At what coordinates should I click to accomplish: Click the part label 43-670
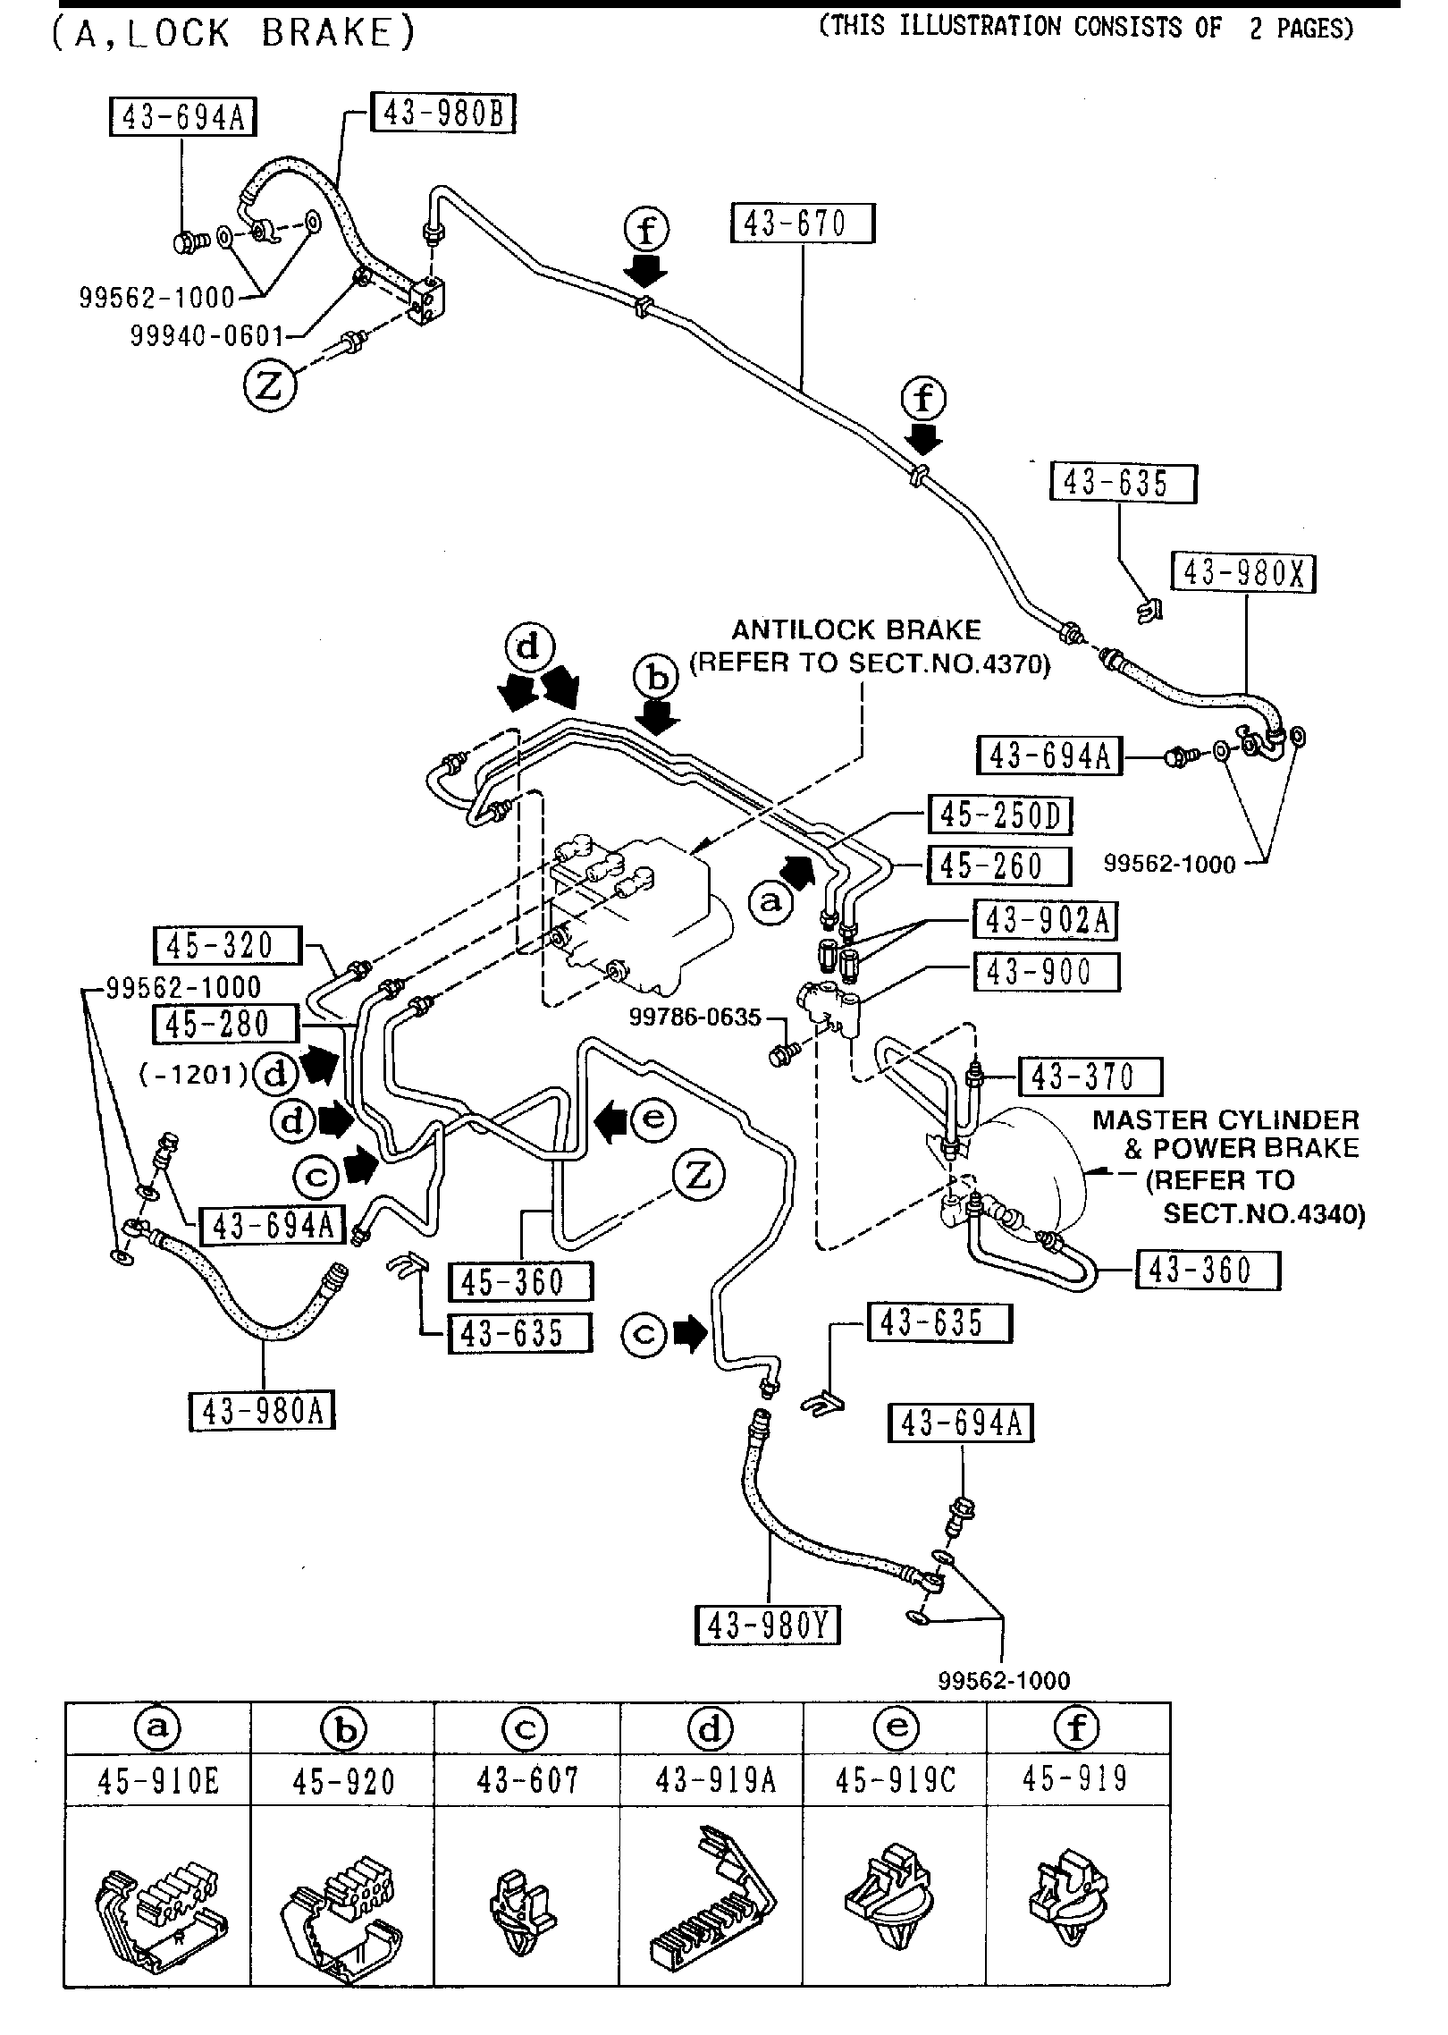tap(802, 224)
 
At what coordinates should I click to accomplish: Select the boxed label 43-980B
tap(442, 114)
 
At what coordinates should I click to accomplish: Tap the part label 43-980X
tap(1245, 572)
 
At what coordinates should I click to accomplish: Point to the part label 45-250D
tap(1000, 815)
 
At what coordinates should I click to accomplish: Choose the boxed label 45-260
tap(998, 866)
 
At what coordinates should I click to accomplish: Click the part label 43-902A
tap(1046, 919)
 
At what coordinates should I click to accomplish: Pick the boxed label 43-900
tap(1046, 971)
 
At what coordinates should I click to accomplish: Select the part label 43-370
tap(1090, 1077)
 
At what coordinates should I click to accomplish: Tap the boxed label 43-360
tap(1207, 1270)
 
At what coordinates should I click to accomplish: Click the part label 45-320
tap(227, 945)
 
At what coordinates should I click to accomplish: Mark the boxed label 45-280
tap(225, 1024)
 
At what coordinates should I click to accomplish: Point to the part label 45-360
tap(520, 1281)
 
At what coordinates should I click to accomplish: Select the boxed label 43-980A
tap(262, 1411)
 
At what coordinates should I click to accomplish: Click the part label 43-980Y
tap(768, 1625)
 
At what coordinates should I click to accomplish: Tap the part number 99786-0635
tap(695, 1017)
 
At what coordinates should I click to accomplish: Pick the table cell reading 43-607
tap(527, 1779)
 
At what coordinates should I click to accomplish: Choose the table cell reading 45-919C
tap(895, 1779)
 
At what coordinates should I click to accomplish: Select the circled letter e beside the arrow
tap(653, 1118)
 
